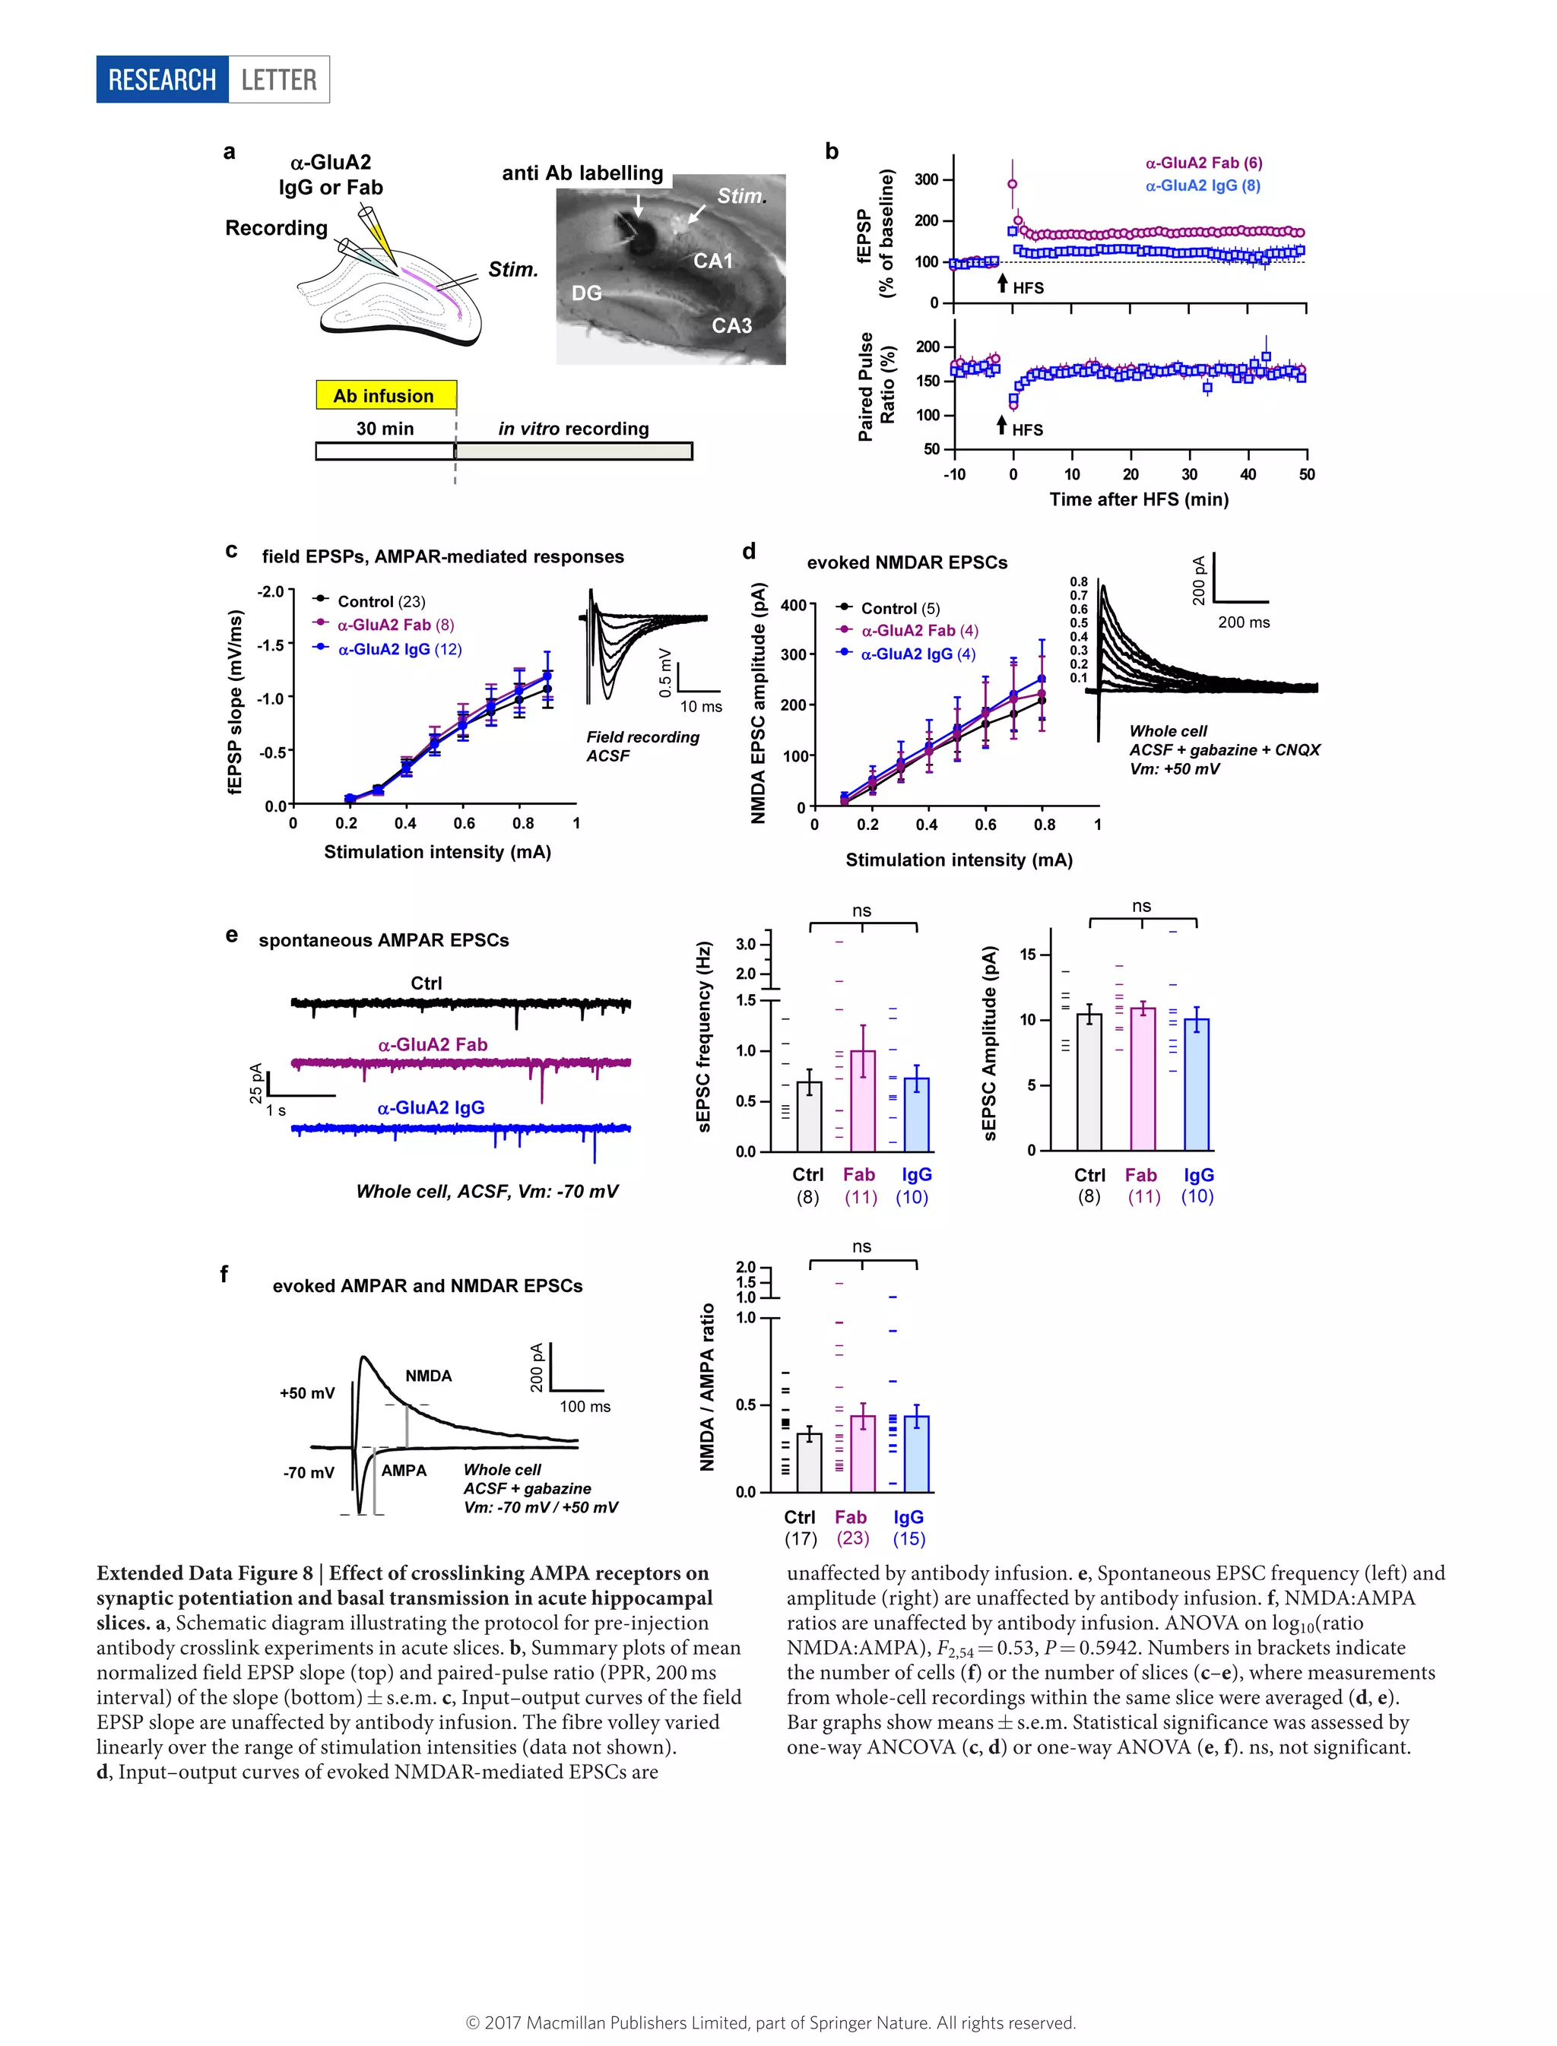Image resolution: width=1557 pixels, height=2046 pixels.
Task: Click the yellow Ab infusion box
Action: [385, 396]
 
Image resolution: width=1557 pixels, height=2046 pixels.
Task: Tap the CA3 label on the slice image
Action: [731, 325]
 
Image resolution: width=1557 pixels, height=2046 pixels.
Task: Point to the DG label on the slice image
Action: [587, 293]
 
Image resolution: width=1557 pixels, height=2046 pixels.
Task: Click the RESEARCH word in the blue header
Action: [162, 80]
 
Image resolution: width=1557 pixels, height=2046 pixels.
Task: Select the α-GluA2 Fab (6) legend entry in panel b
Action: [1203, 163]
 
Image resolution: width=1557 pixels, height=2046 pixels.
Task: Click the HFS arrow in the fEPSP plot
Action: [1002, 283]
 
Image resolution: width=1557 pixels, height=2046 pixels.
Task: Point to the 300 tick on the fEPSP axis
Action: [927, 180]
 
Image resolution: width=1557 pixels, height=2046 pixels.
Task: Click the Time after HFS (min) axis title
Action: [1138, 499]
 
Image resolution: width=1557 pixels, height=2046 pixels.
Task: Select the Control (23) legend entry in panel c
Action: [381, 601]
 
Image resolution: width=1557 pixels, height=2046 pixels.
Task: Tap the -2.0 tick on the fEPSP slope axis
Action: [271, 591]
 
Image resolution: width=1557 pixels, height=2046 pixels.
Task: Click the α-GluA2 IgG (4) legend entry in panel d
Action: [918, 654]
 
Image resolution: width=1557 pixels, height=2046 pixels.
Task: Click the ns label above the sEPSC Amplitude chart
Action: [1141, 905]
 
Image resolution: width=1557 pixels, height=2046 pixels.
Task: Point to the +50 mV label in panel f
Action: [307, 1392]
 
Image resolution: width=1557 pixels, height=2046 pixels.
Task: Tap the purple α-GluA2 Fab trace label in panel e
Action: [432, 1044]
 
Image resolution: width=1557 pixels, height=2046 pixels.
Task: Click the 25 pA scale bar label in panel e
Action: [255, 1082]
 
